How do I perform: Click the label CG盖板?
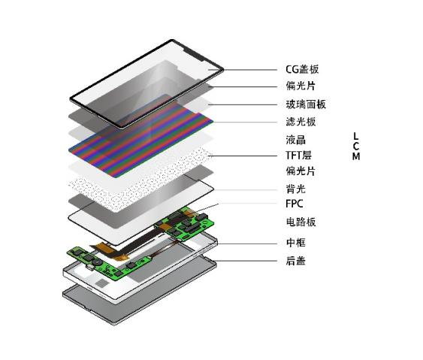coord(302,69)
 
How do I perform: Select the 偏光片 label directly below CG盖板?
coord(301,86)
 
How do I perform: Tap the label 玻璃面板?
coord(306,104)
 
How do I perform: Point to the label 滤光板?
coord(301,122)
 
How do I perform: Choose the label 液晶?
coord(296,140)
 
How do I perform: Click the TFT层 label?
coord(298,155)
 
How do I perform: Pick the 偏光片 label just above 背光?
coord(301,171)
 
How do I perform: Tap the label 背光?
coord(296,189)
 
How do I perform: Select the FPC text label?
coord(294,204)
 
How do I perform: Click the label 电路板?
coord(301,222)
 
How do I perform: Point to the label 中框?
coord(296,243)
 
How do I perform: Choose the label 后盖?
coord(296,261)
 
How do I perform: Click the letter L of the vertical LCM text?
coord(356,136)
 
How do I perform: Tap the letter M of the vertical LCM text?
coord(356,156)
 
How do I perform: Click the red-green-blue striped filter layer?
coord(141,136)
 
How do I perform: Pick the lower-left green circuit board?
coord(108,262)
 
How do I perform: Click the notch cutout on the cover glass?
coord(193,56)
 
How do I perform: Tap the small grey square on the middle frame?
coord(102,283)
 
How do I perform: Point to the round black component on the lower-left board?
coord(95,262)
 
